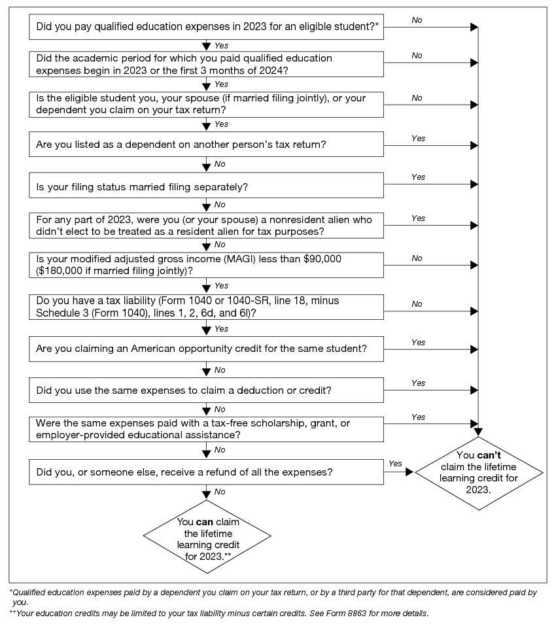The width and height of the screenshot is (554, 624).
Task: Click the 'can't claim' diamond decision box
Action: pyautogui.click(x=479, y=470)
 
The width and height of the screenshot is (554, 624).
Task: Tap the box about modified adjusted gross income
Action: pyautogui.click(x=207, y=265)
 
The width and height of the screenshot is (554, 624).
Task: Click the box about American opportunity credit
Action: pyautogui.click(x=207, y=349)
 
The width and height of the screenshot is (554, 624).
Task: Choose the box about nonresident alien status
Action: pyautogui.click(x=207, y=226)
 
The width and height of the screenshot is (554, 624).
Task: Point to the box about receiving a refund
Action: pyautogui.click(x=207, y=471)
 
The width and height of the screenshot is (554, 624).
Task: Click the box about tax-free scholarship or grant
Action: pyautogui.click(x=207, y=430)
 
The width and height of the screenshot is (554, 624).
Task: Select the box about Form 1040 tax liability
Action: pyautogui.click(x=207, y=307)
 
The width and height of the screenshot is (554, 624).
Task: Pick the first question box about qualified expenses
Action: pyautogui.click(x=207, y=27)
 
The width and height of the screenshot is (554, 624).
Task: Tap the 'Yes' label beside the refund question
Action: pyautogui.click(x=395, y=463)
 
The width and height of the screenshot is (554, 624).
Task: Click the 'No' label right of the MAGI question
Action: pyautogui.click(x=417, y=258)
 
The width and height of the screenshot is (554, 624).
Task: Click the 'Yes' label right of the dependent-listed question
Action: pyautogui.click(x=418, y=139)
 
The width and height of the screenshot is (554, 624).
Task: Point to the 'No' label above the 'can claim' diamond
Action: pyautogui.click(x=220, y=491)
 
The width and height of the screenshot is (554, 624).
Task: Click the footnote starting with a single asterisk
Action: pyautogui.click(x=275, y=597)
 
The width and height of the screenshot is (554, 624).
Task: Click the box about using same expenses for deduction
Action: pyautogui.click(x=207, y=390)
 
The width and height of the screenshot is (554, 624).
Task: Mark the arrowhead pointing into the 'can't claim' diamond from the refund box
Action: pyautogui.click(x=410, y=471)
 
